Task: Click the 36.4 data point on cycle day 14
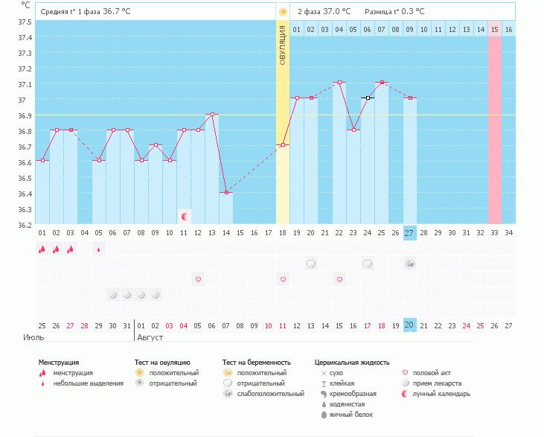226,192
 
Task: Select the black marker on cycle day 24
368,98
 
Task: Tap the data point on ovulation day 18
283,144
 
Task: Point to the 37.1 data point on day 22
339,83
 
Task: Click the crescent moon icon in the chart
185,216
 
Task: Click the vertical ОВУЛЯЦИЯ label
283,45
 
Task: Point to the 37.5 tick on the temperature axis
25,22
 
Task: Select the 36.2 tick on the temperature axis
25,224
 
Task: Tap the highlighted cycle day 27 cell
409,233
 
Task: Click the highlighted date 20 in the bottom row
409,325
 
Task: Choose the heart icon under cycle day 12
198,279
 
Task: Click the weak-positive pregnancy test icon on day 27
410,264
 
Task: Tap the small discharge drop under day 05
99,249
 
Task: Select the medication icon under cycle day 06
113,295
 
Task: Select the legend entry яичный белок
351,414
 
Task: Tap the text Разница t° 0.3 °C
394,12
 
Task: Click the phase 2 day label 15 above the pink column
493,29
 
